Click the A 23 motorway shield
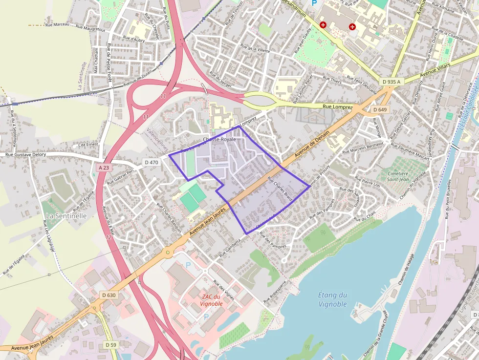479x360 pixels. click(103, 167)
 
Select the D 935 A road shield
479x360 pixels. click(392, 82)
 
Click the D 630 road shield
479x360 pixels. click(109, 295)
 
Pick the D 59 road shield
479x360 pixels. click(110, 345)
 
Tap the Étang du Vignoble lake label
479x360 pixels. click(332, 299)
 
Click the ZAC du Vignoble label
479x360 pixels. click(211, 300)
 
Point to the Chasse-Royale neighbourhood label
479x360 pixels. click(219, 139)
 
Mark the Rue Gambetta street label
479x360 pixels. click(230, 248)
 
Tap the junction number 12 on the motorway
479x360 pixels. click(108, 237)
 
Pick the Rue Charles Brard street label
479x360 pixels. click(280, 189)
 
